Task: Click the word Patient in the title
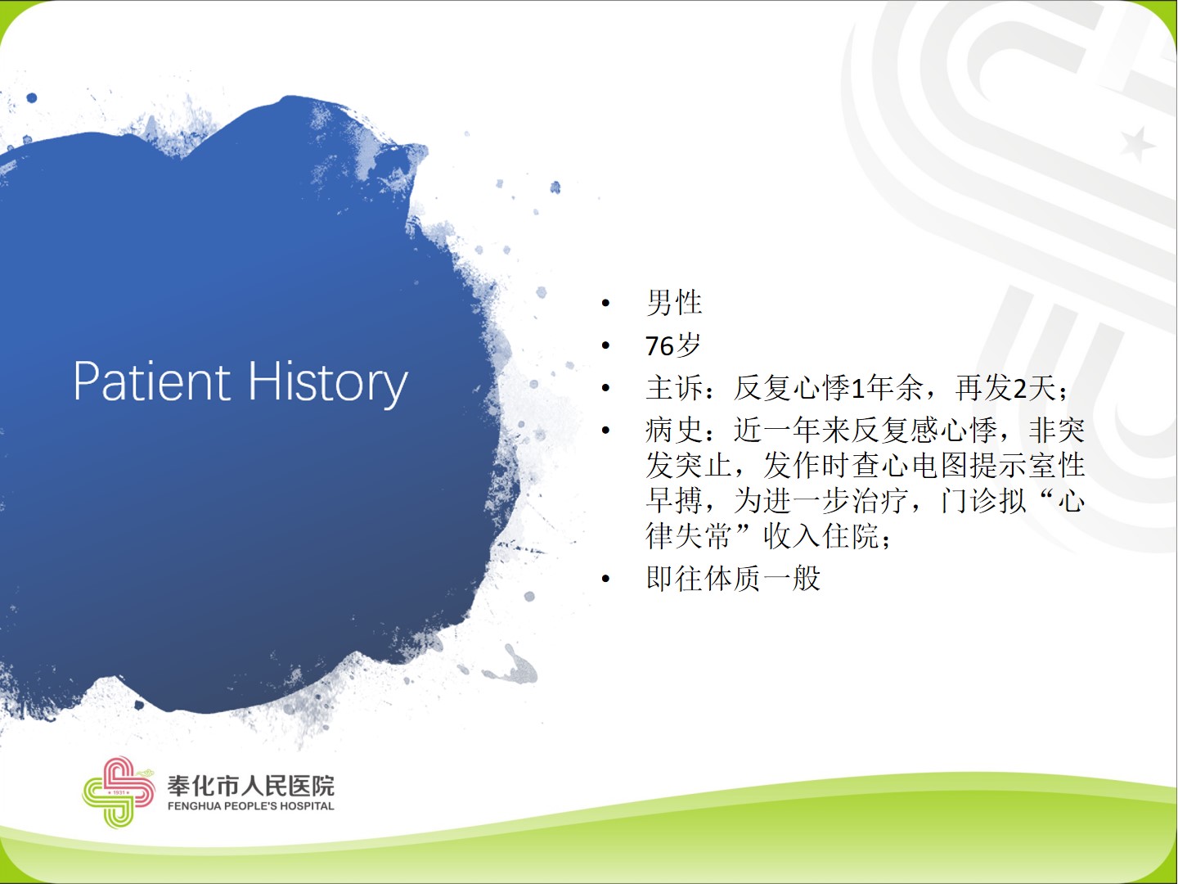152,381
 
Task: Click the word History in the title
328,384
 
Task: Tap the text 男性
674,303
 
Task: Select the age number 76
659,345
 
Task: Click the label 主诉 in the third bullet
674,387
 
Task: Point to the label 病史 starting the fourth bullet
674,430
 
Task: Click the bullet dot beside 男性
606,303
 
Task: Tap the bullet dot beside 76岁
606,345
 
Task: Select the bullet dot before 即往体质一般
606,579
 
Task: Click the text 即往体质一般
733,578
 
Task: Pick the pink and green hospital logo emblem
118,792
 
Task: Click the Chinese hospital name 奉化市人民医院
250,786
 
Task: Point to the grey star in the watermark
1136,144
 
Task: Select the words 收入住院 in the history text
821,535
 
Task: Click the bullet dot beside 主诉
606,388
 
